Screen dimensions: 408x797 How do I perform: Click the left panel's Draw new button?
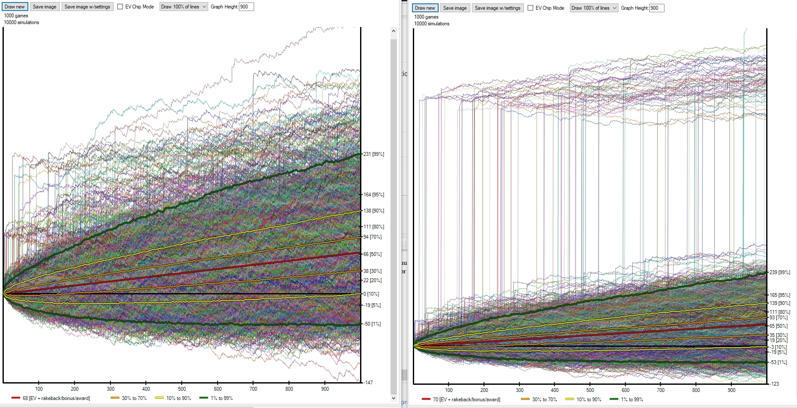tap(15, 7)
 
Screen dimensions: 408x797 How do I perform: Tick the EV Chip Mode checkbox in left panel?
tap(120, 7)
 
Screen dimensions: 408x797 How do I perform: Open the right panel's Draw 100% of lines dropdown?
tap(594, 8)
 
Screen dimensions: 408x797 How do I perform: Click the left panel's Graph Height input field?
tap(246, 7)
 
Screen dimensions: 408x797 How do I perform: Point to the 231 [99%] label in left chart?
tap(374, 154)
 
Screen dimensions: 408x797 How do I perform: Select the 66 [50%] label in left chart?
tap(372, 254)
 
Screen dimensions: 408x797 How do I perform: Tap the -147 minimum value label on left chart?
tap(368, 383)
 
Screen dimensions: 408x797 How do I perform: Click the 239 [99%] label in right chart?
tap(779, 272)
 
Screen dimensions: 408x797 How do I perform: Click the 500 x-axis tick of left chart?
tap(182, 389)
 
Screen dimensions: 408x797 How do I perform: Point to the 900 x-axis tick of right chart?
tap(732, 390)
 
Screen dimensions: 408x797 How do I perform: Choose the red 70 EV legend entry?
tap(461, 400)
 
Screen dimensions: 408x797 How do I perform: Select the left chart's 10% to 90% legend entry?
tap(173, 398)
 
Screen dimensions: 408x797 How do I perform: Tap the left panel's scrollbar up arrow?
tap(393, 31)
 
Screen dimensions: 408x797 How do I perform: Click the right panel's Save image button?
tap(455, 8)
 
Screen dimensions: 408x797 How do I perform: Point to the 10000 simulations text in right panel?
tap(431, 24)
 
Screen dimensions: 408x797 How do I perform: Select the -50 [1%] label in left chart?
tap(372, 324)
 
